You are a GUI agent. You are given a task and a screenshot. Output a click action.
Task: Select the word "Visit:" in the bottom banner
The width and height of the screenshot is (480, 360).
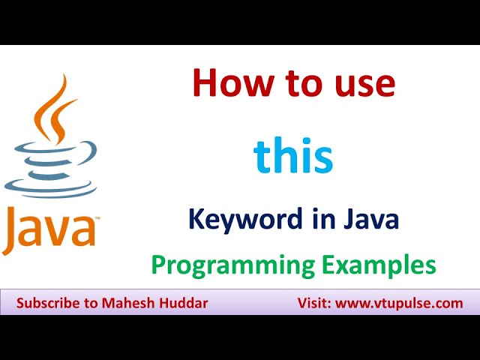[x=309, y=304]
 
